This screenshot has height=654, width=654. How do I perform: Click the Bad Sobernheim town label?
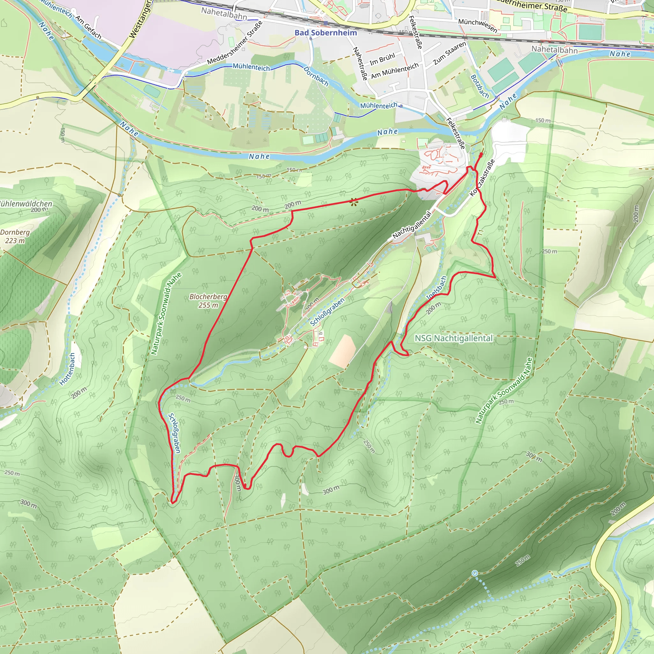click(326, 33)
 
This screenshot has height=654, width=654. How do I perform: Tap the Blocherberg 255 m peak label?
click(208, 300)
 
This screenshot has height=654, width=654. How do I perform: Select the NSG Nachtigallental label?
click(453, 338)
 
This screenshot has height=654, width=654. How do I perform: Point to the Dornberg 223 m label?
click(15, 236)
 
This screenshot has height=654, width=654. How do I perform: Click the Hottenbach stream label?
click(67, 369)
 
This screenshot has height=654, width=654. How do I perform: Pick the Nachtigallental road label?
click(412, 225)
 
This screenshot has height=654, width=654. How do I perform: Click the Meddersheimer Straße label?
click(235, 43)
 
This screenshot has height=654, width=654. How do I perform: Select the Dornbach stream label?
click(316, 76)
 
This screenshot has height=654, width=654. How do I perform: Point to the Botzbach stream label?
click(480, 86)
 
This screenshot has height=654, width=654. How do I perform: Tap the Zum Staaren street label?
click(449, 53)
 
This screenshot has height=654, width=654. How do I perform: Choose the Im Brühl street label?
click(382, 59)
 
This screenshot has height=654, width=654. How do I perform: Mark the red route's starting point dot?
click(481, 154)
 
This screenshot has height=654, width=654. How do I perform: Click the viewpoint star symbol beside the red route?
click(354, 202)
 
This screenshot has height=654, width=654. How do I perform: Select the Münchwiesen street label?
click(478, 26)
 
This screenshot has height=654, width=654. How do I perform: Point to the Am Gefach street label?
click(88, 27)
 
